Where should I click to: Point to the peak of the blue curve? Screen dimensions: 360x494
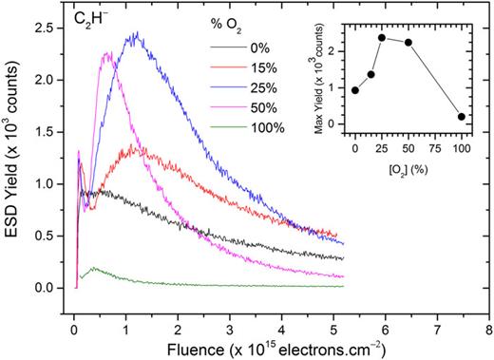137,33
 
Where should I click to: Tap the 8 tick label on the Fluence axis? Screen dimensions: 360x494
487,329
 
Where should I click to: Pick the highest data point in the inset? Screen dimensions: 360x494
382,38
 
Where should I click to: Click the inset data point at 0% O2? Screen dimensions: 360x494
355,90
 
